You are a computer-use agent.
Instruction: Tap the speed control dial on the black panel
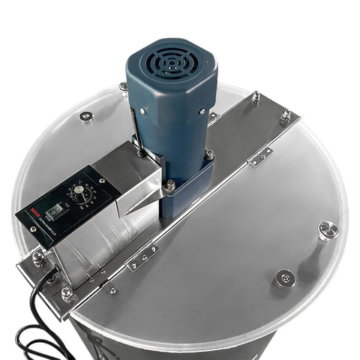click(77, 194)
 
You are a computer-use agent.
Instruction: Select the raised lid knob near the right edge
click(328, 229)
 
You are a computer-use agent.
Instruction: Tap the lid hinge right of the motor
click(260, 156)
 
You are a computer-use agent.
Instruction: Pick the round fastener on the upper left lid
click(86, 116)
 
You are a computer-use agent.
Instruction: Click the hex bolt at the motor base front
click(172, 184)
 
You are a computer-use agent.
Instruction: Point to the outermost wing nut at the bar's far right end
click(286, 115)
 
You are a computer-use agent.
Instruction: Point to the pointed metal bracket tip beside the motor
click(132, 206)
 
